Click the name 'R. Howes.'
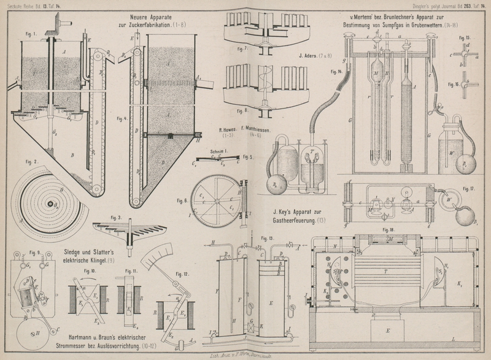(x=229, y=129)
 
